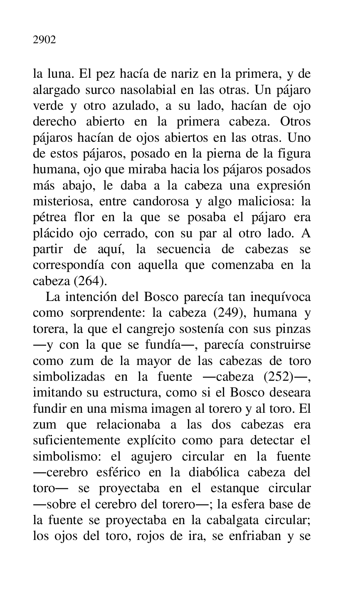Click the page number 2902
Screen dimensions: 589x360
click(x=44, y=40)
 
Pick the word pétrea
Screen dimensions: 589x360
click(x=46, y=217)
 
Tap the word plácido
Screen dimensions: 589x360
click(x=50, y=233)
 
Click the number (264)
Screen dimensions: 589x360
click(x=91, y=281)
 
